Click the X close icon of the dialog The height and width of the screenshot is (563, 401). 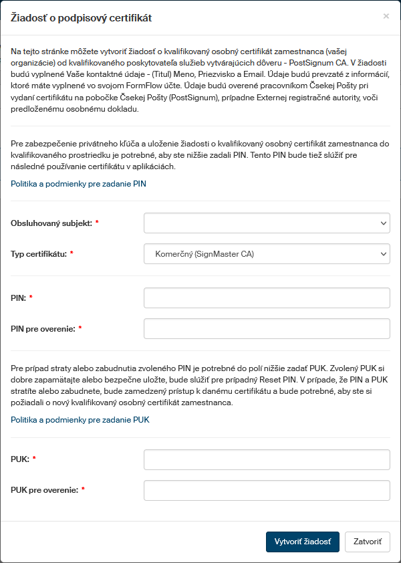tap(386, 16)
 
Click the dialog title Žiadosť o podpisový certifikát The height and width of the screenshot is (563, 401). tap(82, 18)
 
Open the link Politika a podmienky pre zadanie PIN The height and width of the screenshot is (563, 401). tap(78, 183)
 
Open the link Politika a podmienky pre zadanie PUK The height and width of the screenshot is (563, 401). tap(80, 420)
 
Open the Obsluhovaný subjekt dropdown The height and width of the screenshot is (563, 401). tap(267, 223)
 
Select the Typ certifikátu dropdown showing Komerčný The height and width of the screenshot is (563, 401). tap(267, 254)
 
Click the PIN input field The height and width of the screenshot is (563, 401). tap(267, 298)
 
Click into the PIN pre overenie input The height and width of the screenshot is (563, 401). tap(267, 328)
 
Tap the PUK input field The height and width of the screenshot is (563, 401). tap(267, 459)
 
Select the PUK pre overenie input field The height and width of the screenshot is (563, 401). tap(267, 490)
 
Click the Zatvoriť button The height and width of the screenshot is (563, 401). tap(367, 542)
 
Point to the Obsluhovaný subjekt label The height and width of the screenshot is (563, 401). tap(51, 223)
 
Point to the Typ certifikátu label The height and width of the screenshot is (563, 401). tap(39, 254)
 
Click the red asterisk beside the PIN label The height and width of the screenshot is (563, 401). tap(31, 298)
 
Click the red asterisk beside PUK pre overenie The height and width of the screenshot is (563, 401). tap(83, 490)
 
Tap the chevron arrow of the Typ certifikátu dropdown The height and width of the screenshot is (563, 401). tap(383, 254)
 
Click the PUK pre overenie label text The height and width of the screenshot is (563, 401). tap(44, 490)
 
